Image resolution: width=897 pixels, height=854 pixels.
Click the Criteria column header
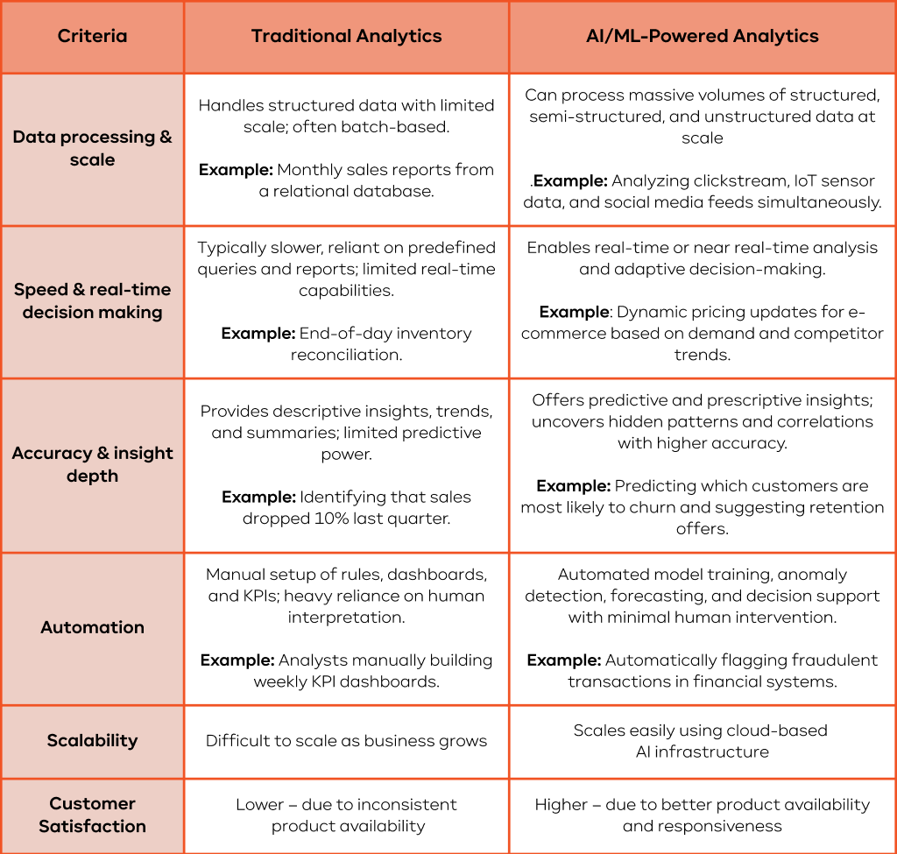tap(92, 37)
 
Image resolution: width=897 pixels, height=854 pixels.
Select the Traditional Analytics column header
tap(346, 37)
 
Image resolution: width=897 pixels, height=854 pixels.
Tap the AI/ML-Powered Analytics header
tap(702, 37)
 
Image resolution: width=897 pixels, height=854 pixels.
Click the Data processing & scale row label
tap(92, 148)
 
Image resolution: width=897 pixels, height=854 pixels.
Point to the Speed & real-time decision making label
tap(92, 300)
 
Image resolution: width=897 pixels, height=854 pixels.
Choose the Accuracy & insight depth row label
tap(92, 464)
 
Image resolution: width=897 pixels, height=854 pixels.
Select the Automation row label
tap(92, 627)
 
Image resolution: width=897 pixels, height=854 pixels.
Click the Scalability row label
tap(92, 740)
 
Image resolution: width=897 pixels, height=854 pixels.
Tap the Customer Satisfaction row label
tap(92, 815)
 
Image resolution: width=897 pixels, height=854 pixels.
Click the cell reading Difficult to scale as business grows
tap(346, 741)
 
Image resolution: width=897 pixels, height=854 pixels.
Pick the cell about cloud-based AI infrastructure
tap(702, 741)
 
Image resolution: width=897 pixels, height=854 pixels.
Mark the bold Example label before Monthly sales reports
tap(234, 170)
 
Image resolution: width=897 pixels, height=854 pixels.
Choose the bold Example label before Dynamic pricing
tap(574, 312)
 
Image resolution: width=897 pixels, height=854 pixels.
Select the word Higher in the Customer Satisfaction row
tap(562, 804)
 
